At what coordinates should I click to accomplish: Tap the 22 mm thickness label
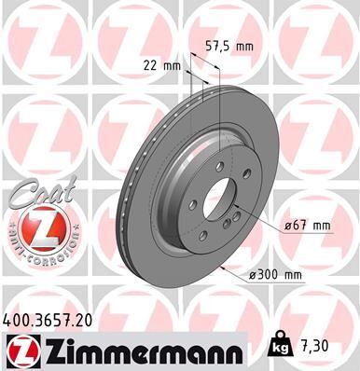click(162, 66)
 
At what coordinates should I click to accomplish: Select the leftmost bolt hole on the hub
click(191, 206)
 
